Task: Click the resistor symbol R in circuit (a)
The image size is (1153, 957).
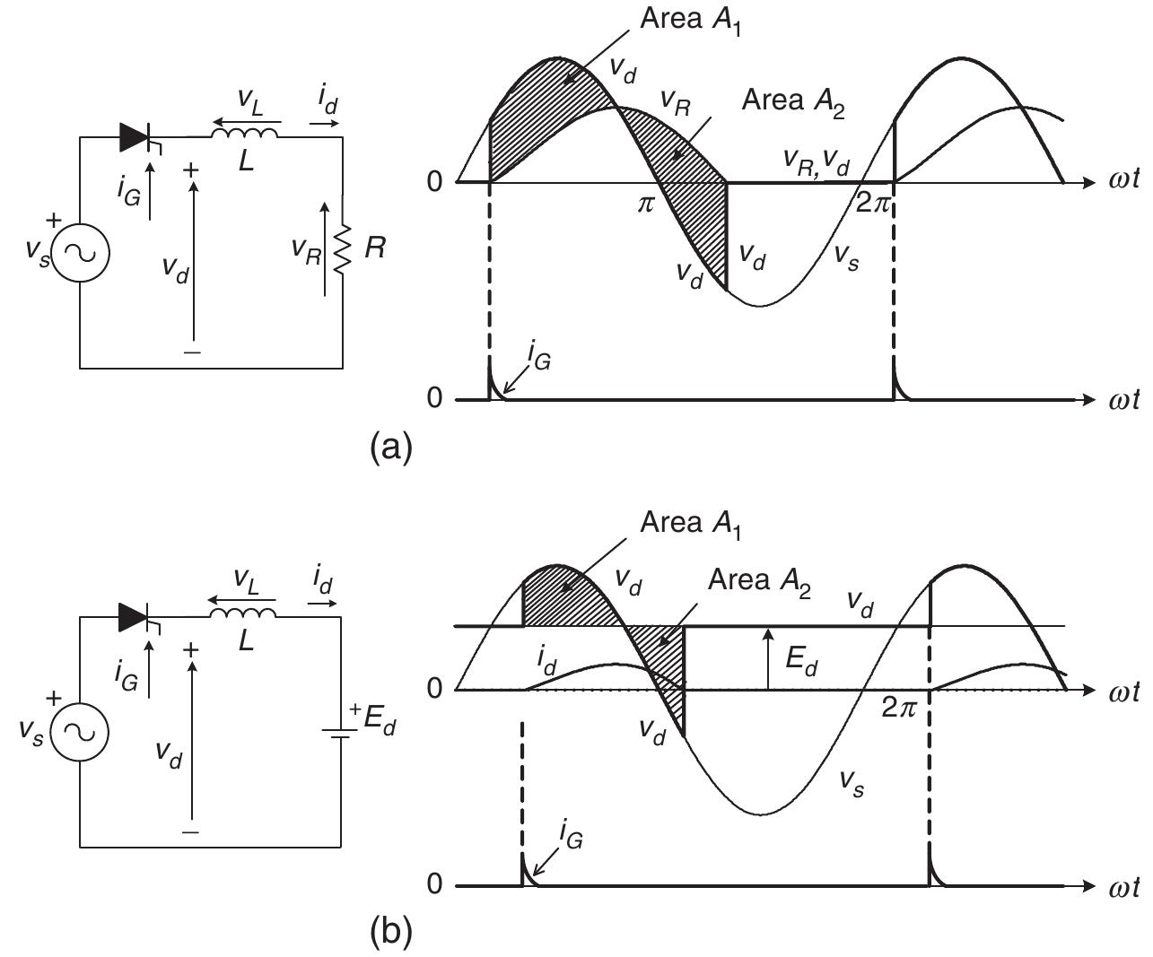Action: tap(342, 248)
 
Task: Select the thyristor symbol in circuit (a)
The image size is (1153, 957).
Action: tap(135, 137)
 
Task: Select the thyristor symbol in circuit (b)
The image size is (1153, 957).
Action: tap(135, 616)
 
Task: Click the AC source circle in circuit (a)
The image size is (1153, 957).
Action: tap(81, 253)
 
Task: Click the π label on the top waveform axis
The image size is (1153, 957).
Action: tap(646, 203)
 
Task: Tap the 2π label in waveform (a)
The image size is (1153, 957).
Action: tap(870, 203)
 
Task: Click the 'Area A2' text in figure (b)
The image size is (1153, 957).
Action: tap(759, 580)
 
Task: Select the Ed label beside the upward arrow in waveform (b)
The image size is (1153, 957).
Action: tap(801, 661)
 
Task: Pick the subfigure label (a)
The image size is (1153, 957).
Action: tap(391, 446)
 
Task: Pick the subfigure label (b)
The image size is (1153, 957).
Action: tap(391, 933)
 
